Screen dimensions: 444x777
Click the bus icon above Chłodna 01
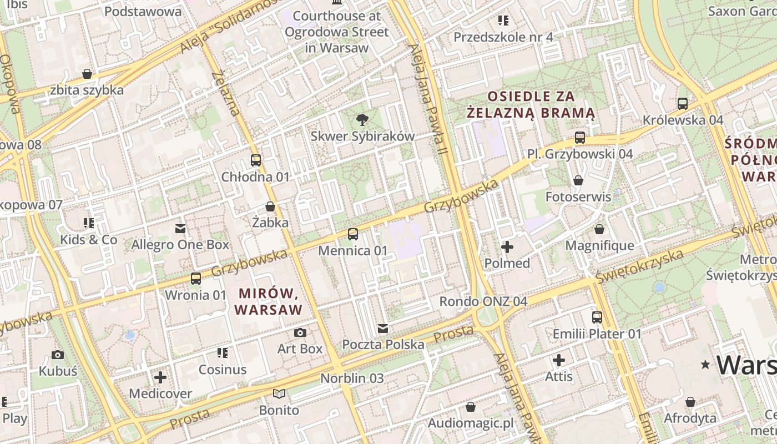(256, 160)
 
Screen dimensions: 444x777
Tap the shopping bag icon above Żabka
(270, 206)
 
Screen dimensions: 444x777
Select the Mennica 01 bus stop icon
(353, 234)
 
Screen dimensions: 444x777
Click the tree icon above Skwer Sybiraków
(362, 119)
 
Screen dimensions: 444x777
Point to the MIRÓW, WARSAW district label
(270, 301)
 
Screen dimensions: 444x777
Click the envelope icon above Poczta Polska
(383, 329)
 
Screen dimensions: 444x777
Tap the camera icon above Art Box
(300, 332)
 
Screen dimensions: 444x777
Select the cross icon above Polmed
(507, 247)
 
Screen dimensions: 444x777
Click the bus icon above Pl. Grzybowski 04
(580, 138)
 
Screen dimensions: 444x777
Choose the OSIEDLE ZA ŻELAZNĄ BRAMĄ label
(531, 105)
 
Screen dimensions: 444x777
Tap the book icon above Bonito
(279, 394)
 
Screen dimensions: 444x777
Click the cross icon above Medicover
(160, 378)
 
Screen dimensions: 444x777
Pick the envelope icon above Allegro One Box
(180, 228)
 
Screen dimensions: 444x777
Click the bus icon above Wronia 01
(196, 279)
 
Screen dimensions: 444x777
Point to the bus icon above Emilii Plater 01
(597, 317)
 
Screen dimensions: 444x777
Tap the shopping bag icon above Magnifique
(599, 229)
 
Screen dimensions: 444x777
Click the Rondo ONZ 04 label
(483, 301)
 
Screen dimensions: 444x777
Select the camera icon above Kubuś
(58, 355)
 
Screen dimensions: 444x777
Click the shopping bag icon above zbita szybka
(87, 74)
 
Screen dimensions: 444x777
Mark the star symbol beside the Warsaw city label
(705, 365)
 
